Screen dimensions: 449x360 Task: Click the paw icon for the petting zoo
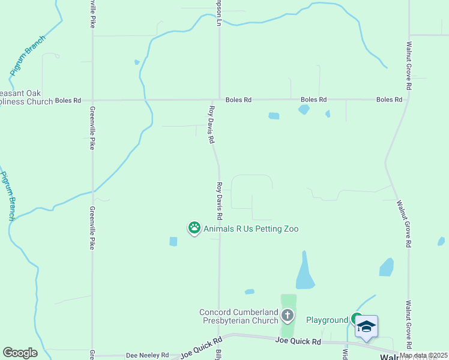click(x=194, y=227)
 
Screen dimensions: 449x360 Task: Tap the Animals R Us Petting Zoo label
click(x=251, y=229)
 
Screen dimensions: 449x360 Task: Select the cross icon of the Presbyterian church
click(x=288, y=315)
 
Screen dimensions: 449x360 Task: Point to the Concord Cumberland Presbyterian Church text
click(x=239, y=316)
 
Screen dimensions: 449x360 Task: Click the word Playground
click(x=327, y=320)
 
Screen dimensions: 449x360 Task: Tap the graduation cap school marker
click(x=366, y=326)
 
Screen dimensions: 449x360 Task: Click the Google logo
click(x=20, y=353)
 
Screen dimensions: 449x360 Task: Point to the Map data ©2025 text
click(x=423, y=355)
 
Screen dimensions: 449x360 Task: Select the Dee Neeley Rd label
click(x=147, y=355)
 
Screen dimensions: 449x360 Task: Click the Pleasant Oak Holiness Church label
click(x=26, y=97)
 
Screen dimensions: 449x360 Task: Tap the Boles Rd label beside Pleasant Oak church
click(x=68, y=100)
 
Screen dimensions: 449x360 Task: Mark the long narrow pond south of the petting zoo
click(x=305, y=271)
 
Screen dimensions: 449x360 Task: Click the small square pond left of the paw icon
click(x=173, y=241)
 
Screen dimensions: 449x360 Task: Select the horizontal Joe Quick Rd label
click(x=298, y=341)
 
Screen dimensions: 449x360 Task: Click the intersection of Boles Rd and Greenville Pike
click(x=92, y=100)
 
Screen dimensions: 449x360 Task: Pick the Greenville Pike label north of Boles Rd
click(x=92, y=14)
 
